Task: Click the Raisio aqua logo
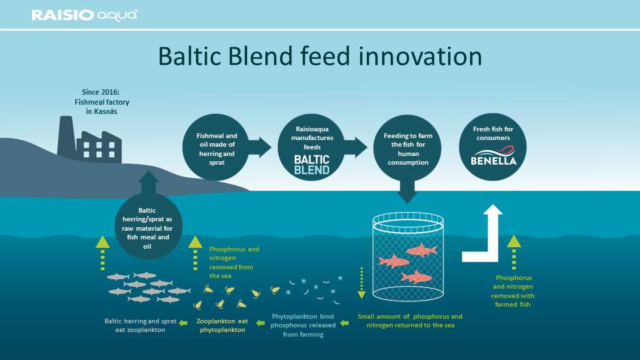coord(85,15)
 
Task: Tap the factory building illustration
coord(89,140)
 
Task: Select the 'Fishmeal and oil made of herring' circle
coord(216,147)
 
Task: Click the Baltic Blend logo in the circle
coord(312,165)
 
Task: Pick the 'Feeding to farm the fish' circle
coord(407,148)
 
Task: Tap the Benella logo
coord(493,156)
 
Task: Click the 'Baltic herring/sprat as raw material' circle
coord(148,227)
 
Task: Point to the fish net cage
coord(408,257)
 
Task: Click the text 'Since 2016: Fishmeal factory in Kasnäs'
coord(101,102)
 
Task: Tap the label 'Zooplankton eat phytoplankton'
coord(222,325)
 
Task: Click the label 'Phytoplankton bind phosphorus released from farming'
coord(303,325)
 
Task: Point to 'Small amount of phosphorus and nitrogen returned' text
coord(410,321)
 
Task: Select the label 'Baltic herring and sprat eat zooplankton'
coord(141,325)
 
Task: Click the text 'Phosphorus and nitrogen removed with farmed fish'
coord(513,291)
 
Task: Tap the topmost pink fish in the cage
coord(421,250)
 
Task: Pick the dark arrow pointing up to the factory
coord(149,183)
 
